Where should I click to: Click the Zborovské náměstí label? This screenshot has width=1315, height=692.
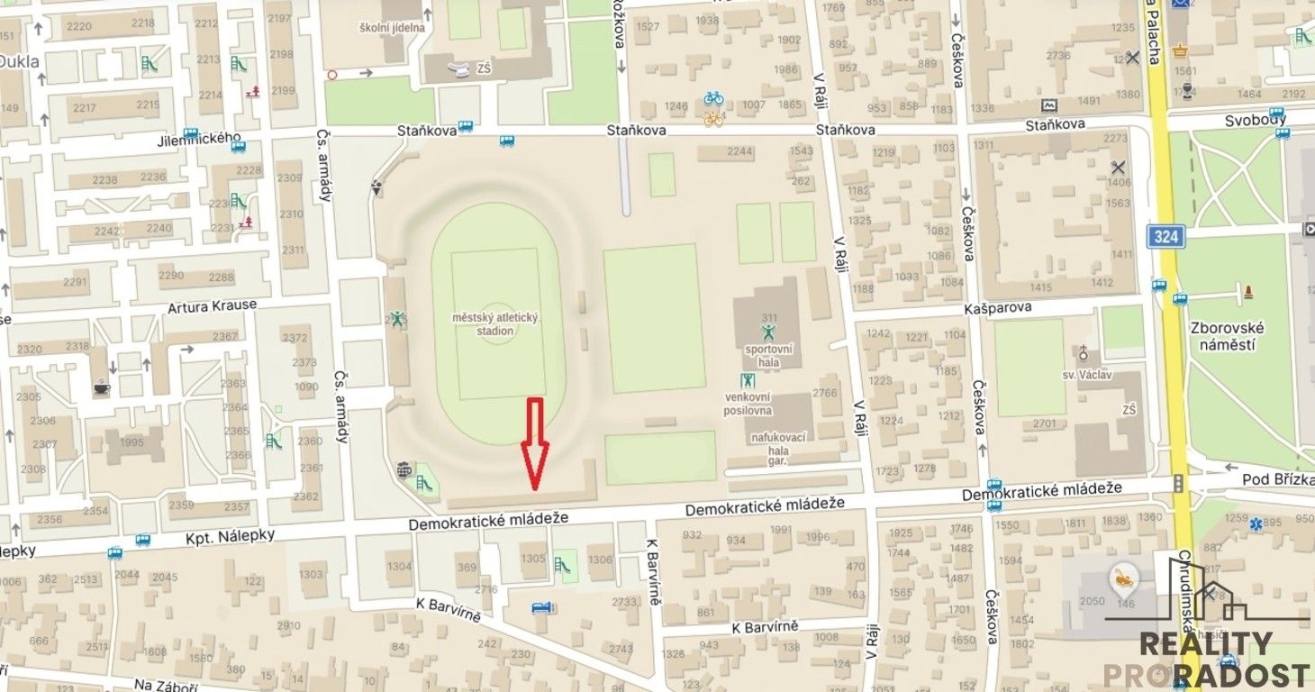click(x=1227, y=335)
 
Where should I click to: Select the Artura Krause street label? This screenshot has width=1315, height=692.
click(x=212, y=306)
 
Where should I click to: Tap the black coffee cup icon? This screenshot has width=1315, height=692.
click(x=100, y=388)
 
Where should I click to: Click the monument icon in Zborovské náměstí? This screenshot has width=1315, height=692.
click(x=1247, y=292)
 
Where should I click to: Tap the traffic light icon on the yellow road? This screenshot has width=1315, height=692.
click(x=1178, y=484)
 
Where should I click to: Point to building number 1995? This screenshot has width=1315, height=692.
click(x=131, y=442)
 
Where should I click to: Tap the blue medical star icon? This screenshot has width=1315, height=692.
click(x=1271, y=522)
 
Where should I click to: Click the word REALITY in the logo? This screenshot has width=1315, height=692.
click(x=1207, y=643)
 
